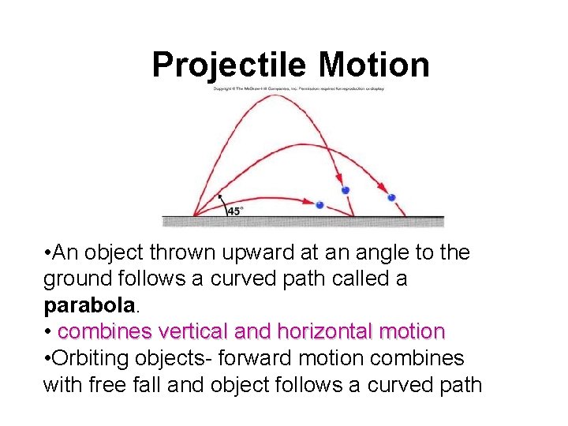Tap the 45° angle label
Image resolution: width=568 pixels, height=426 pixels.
(x=235, y=211)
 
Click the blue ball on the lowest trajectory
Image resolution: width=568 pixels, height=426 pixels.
(x=319, y=205)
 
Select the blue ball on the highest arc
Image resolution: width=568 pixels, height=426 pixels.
(x=345, y=190)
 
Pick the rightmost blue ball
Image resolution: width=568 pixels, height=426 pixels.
(x=391, y=197)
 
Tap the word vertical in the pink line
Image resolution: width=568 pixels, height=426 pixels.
(x=195, y=331)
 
